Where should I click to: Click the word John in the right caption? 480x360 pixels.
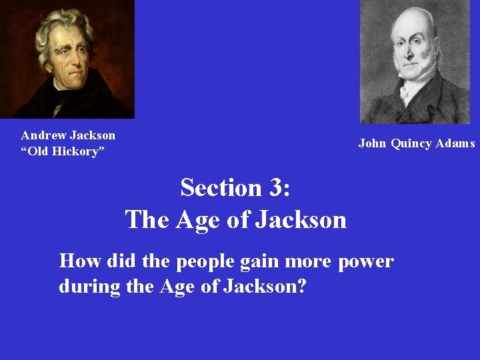coord(372,143)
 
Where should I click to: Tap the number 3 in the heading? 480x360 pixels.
coord(275,188)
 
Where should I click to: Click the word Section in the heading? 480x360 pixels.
coord(221,188)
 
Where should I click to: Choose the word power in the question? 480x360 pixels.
coord(365,262)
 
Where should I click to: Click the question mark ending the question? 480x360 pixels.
coord(302,287)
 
